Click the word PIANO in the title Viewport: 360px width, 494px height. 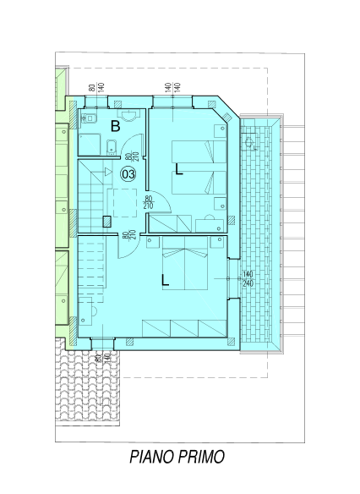[x=152, y=457]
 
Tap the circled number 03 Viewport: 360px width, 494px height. [x=128, y=174]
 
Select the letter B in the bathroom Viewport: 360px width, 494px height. [x=116, y=126]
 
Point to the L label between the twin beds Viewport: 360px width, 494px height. [x=179, y=169]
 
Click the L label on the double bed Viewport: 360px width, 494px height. [x=165, y=280]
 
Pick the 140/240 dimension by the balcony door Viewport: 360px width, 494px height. [x=248, y=279]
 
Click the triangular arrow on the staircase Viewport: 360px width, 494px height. [x=108, y=172]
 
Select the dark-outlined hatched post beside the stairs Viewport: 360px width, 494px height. [x=107, y=222]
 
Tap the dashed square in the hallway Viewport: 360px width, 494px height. [x=125, y=203]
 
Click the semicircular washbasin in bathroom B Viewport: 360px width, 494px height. [x=129, y=115]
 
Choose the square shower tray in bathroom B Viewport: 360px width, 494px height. [x=90, y=145]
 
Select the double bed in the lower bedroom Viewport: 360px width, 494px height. [x=185, y=263]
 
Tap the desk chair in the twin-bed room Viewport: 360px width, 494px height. [x=210, y=217]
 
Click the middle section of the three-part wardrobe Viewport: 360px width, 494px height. [x=184, y=328]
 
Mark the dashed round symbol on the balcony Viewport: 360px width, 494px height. [x=249, y=142]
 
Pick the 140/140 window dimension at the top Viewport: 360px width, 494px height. [x=172, y=86]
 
